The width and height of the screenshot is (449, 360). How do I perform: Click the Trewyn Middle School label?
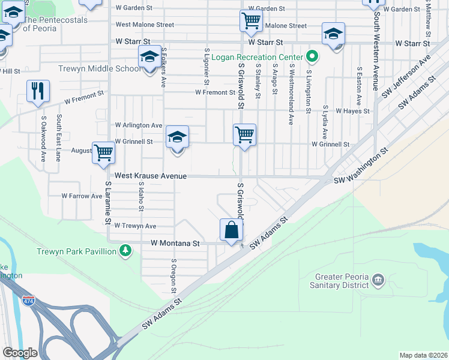[100, 68]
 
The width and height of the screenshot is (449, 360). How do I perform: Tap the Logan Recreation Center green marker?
[312, 58]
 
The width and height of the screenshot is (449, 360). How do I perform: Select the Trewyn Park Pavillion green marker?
[125, 250]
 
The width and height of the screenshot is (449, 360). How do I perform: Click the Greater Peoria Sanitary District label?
[342, 281]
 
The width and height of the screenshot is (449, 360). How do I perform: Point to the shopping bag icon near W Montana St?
[232, 230]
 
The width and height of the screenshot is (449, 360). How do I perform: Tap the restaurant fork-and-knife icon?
[38, 91]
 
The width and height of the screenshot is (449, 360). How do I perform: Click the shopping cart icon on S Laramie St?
[103, 152]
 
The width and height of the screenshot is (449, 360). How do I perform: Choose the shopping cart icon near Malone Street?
[251, 21]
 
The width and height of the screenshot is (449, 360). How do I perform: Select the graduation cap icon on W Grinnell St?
[177, 137]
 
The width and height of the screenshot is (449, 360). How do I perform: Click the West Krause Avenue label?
[151, 176]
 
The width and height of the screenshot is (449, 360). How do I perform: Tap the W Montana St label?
[175, 244]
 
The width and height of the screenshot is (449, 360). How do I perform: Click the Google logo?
[20, 353]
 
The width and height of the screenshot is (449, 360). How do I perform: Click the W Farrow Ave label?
[82, 196]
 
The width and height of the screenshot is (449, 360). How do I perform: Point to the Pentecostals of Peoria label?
[55, 20]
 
